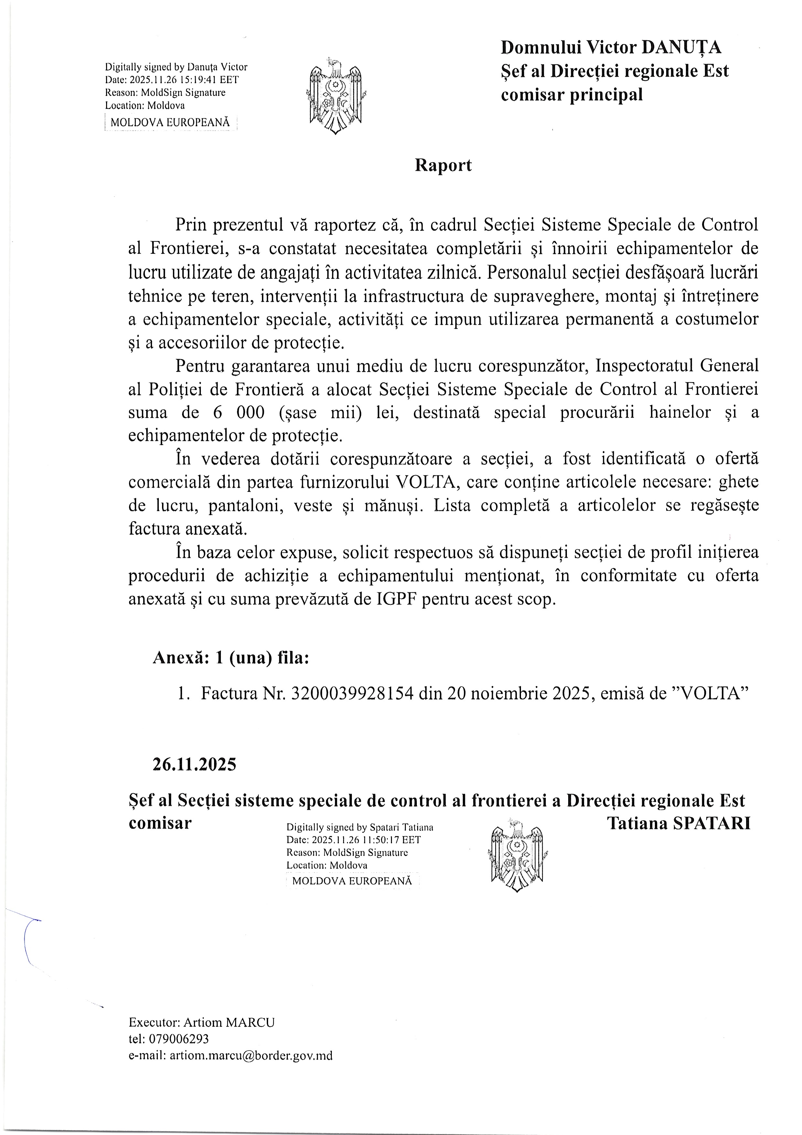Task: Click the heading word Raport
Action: coord(443,165)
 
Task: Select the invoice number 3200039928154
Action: coord(352,694)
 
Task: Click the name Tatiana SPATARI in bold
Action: coord(678,823)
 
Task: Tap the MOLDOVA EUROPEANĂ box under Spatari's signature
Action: coord(352,880)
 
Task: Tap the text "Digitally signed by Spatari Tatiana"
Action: coord(360,827)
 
